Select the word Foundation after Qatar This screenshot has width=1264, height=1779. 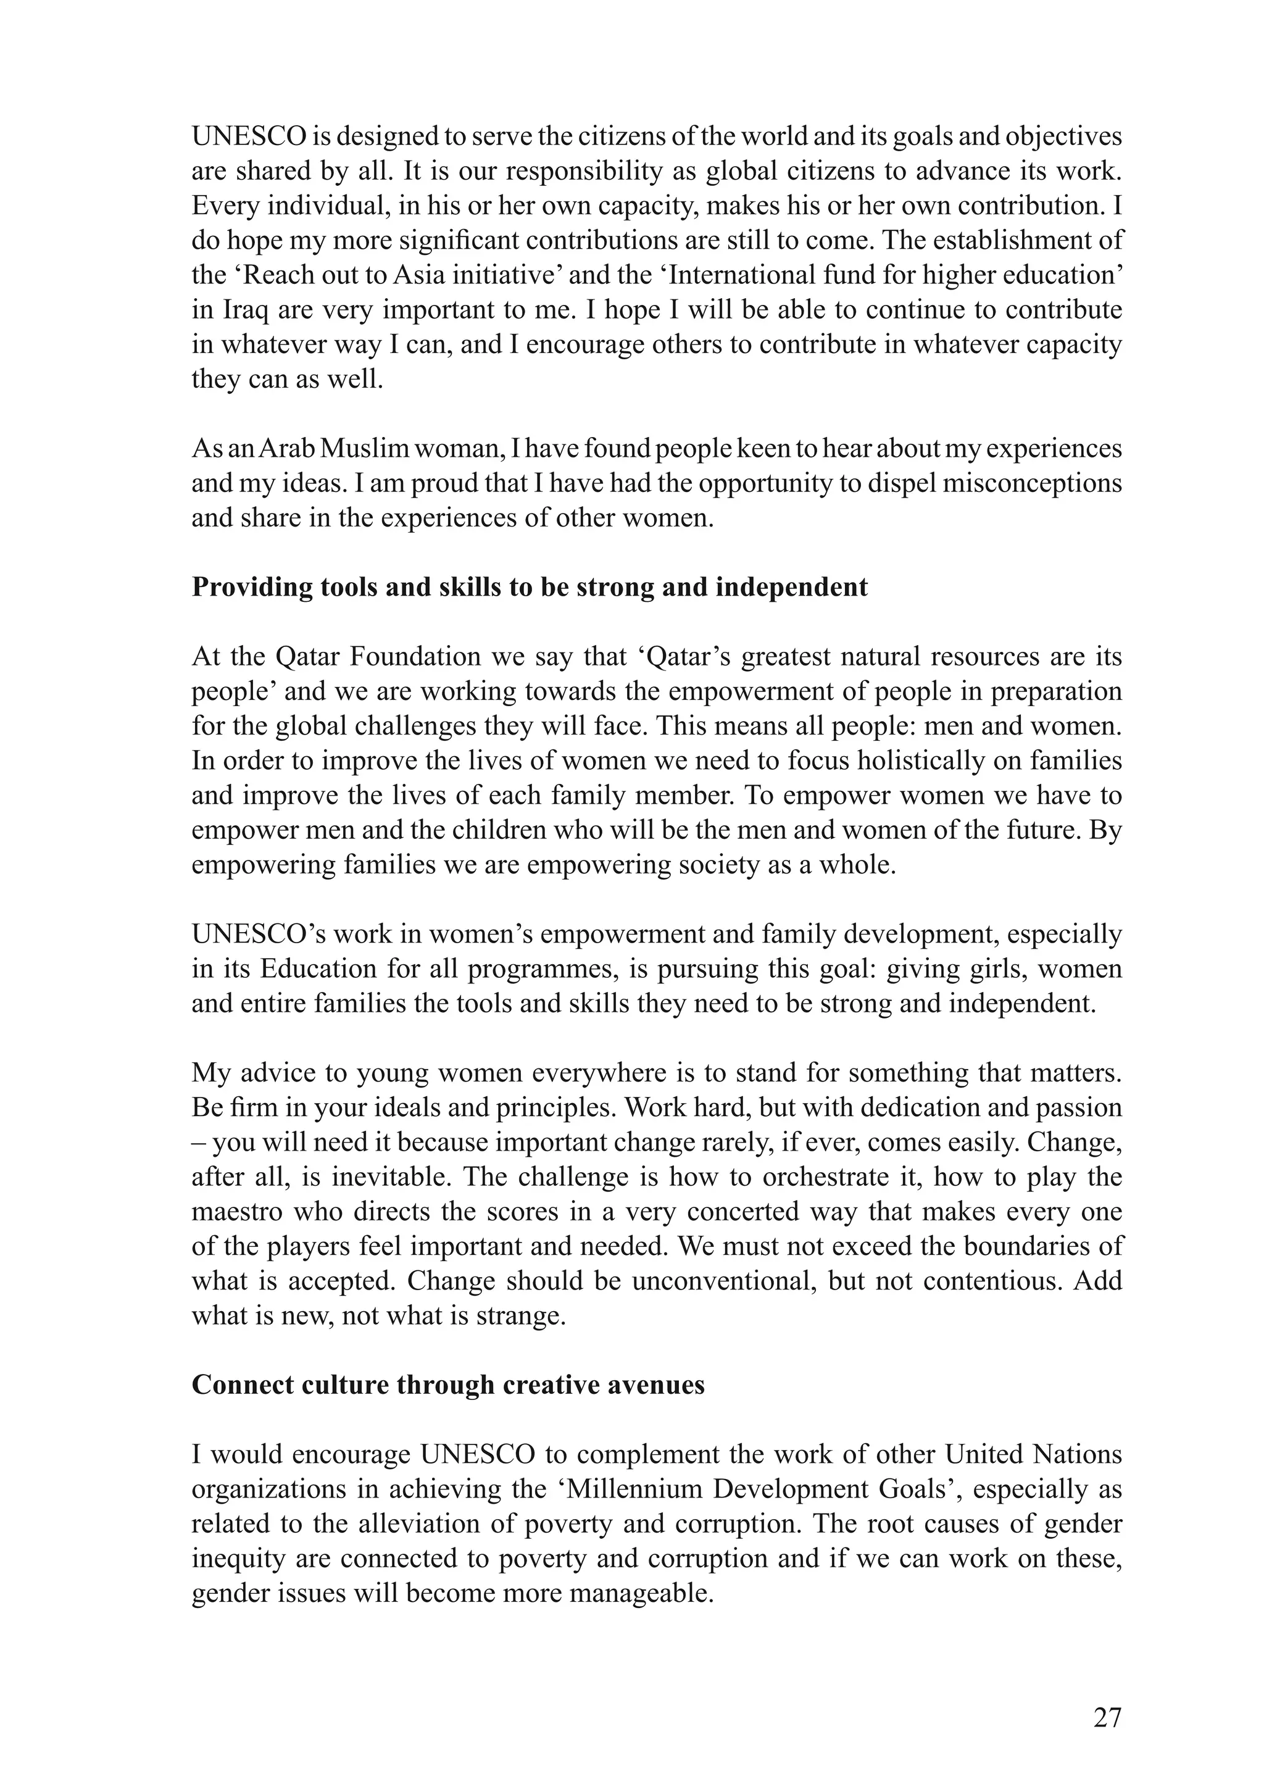415,657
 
